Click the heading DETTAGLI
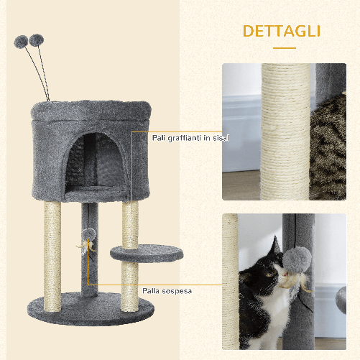(x=282, y=32)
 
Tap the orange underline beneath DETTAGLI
(x=283, y=48)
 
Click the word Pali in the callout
(x=160, y=137)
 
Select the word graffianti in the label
(x=188, y=137)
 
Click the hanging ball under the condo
(x=88, y=234)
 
